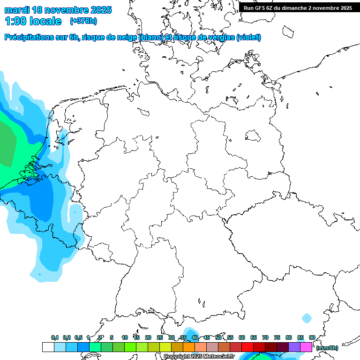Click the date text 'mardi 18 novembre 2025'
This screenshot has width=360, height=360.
[x=58, y=10]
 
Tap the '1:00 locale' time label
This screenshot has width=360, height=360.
[x=33, y=21]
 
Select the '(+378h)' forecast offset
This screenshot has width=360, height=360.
[x=83, y=21]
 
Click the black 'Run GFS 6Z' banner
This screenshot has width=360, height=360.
[x=298, y=8]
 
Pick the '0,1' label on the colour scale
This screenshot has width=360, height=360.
[x=54, y=338]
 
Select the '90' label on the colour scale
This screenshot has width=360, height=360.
[x=312, y=338]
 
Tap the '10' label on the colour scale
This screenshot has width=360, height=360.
[x=125, y=338]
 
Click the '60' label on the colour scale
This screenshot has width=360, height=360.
[x=242, y=338]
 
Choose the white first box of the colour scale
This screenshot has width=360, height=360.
[x=48, y=347]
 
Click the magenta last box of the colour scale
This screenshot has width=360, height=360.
[x=306, y=347]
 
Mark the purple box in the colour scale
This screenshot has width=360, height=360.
[x=294, y=347]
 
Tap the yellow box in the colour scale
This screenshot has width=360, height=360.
[x=165, y=347]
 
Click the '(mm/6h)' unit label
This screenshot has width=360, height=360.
[x=327, y=348]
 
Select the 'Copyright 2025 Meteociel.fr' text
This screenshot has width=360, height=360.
[x=199, y=357]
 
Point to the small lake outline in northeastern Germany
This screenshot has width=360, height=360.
[x=254, y=136]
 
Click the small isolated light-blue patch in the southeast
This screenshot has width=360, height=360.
[x=307, y=318]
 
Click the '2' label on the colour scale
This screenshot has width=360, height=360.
[x=100, y=338]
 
